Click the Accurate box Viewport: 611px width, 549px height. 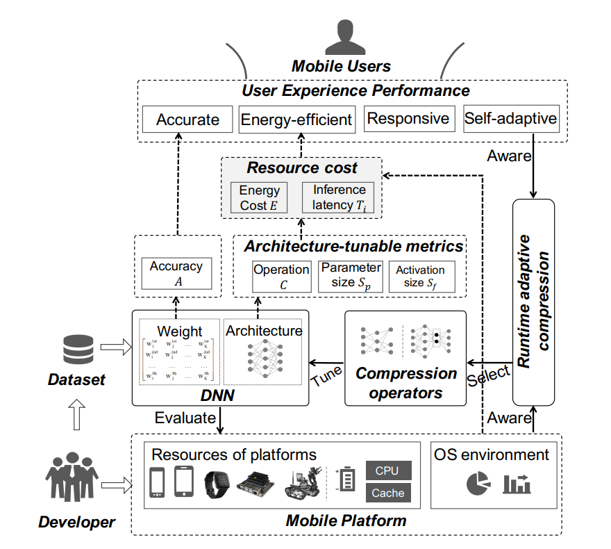click(187, 120)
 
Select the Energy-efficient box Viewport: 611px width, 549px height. click(296, 120)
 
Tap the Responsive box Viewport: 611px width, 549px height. click(408, 119)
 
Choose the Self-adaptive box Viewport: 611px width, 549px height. click(510, 119)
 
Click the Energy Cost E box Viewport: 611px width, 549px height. click(259, 197)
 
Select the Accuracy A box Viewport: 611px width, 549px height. click(176, 273)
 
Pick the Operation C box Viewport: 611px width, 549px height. click(281, 276)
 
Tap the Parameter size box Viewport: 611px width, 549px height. click(350, 276)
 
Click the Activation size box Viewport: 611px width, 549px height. click(421, 276)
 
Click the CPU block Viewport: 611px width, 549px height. click(387, 470)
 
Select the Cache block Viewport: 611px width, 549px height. click(387, 493)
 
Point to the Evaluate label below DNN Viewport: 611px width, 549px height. click(185, 417)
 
